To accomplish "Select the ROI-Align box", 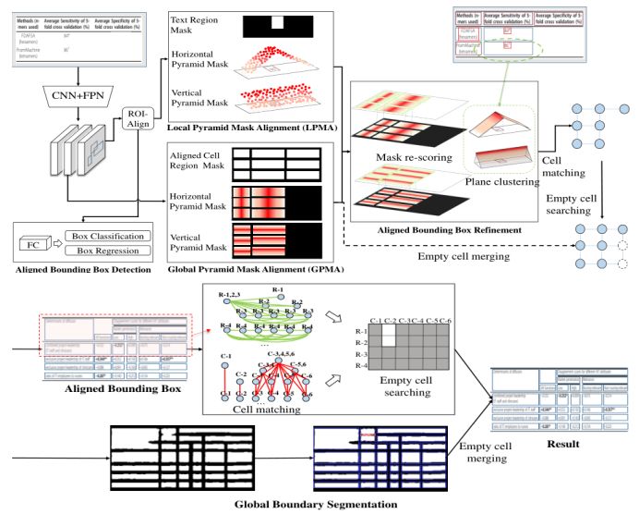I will point(137,120).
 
